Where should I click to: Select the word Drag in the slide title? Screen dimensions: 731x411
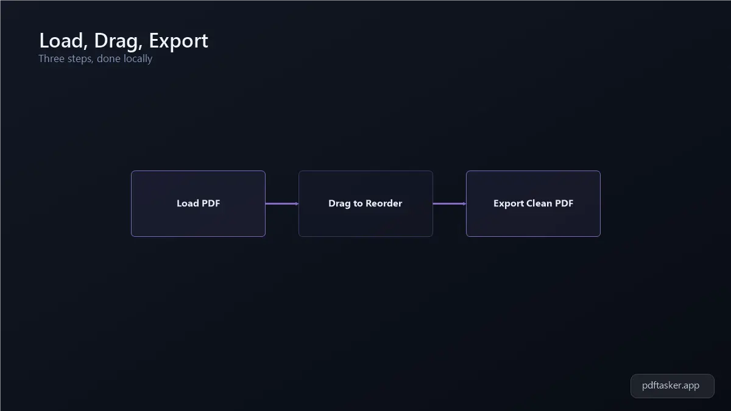(118, 41)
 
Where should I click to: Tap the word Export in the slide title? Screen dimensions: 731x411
(178, 41)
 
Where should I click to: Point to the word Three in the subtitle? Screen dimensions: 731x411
(52, 58)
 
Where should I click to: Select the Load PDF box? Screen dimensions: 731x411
(198, 203)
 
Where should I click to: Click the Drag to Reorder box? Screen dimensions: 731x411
(365, 203)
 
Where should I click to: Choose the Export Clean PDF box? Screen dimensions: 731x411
(533, 203)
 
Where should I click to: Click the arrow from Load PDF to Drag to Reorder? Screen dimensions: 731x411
(282, 204)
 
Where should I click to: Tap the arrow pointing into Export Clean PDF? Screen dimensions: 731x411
(450, 204)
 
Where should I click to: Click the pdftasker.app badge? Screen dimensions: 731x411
(673, 386)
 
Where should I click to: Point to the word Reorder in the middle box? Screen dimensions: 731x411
(384, 203)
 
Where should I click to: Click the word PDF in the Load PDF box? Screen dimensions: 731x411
(211, 203)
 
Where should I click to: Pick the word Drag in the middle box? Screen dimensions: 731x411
(339, 204)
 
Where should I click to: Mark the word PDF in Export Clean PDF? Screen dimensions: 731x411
(564, 203)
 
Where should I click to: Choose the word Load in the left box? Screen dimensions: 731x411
(188, 203)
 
